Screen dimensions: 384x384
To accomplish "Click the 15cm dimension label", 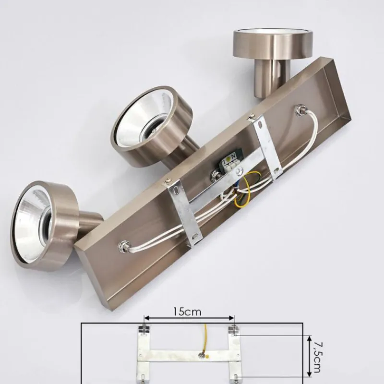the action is (x=187, y=312).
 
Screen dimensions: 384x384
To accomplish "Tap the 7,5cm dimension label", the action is (x=317, y=357).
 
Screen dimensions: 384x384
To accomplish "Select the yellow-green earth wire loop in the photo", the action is (x=245, y=189).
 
